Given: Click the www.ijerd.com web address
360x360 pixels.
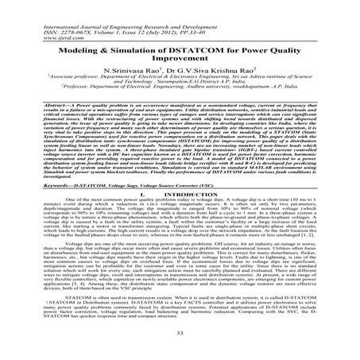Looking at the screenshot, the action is point(17,15).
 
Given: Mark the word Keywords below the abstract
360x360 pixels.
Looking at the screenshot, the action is point(24,185).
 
